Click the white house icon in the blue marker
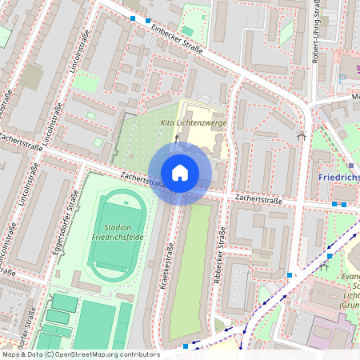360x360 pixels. [x=180, y=172]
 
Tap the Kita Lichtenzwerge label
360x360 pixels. [x=195, y=122]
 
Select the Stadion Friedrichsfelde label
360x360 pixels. [x=118, y=233]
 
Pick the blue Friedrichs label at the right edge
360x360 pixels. [x=338, y=177]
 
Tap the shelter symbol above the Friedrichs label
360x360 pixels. [x=302, y=136]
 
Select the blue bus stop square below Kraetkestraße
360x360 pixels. [x=186, y=346]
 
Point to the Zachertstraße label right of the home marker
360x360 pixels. [x=258, y=200]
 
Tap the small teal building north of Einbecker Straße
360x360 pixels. [x=186, y=31]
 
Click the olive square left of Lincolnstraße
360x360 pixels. [x=32, y=78]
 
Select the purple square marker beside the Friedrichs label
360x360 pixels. [x=350, y=166]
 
